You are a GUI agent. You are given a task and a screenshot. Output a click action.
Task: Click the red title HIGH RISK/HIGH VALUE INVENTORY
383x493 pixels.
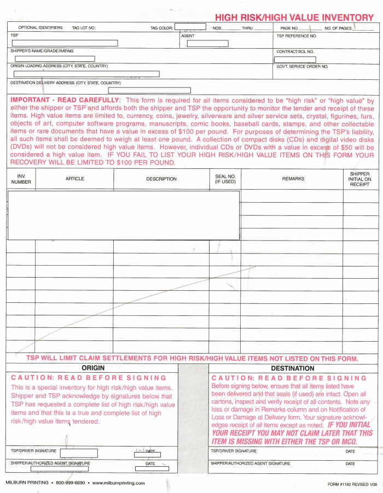tap(294, 17)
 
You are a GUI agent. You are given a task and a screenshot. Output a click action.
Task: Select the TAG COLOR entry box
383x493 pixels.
tap(190, 26)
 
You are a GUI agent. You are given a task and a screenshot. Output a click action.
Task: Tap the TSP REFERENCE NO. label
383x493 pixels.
tap(297, 36)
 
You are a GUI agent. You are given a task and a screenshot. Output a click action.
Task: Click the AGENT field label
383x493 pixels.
tap(188, 36)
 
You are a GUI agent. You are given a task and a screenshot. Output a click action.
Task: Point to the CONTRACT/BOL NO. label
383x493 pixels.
tap(295, 51)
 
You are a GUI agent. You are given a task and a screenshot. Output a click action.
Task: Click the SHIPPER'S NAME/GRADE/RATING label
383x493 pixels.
tap(42, 51)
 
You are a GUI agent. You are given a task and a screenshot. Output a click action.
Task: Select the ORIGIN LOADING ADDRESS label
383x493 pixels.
tap(59, 66)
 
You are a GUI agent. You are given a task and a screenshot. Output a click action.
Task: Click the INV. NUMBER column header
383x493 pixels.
tap(21, 179)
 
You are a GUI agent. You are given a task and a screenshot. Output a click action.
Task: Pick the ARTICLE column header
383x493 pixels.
tap(75, 179)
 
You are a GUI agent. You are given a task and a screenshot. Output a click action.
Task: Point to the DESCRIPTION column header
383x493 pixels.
tap(161, 179)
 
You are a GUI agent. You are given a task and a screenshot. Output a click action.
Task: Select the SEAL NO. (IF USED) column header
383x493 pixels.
tap(225, 179)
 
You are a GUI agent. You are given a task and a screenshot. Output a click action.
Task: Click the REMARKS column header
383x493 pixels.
tap(293, 179)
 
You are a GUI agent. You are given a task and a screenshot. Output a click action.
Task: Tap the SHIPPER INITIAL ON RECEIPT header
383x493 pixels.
tap(359, 179)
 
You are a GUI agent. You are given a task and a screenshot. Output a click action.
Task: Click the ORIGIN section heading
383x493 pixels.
tap(93, 368)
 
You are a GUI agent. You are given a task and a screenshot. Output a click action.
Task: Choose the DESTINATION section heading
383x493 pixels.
tap(293, 368)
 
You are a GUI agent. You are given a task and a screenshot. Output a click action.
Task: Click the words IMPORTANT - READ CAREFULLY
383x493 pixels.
tap(65, 101)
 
